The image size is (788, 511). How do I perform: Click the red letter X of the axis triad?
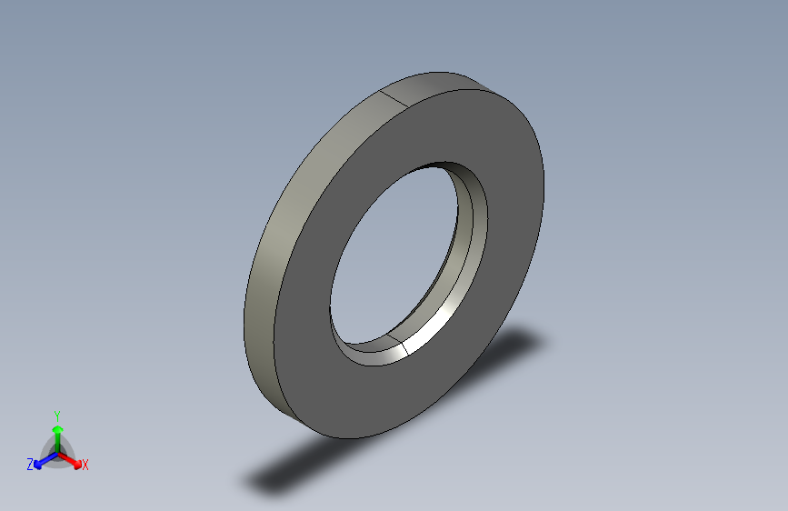[85, 465]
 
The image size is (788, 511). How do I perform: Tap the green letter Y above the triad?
[57, 415]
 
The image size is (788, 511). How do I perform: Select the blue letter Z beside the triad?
[30, 464]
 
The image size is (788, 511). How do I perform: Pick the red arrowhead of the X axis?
[76, 461]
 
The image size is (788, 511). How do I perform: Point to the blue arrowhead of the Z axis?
[38, 462]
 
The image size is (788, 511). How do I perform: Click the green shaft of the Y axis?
[57, 441]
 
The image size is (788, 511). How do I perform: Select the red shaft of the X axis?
[67, 456]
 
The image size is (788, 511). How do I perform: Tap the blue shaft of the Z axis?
[47, 457]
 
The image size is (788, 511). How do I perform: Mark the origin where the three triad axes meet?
[57, 452]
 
